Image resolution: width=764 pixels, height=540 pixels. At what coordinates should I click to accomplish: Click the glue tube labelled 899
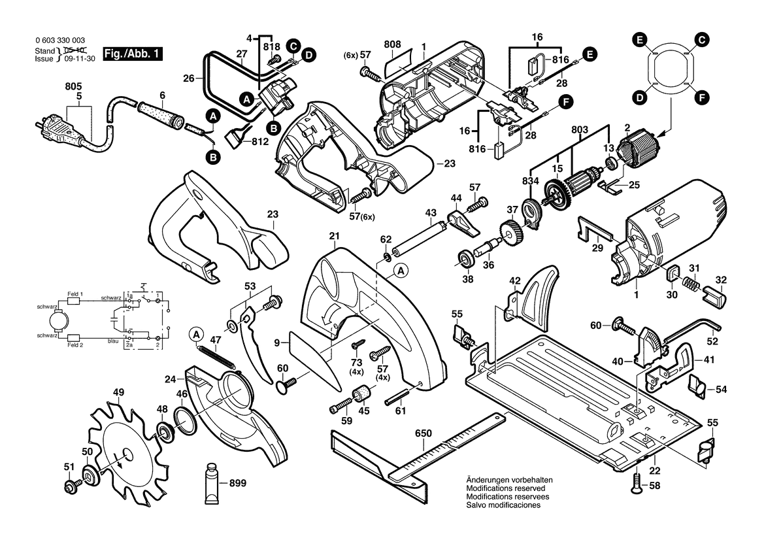(x=212, y=484)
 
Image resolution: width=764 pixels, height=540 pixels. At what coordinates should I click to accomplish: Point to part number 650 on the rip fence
(x=424, y=433)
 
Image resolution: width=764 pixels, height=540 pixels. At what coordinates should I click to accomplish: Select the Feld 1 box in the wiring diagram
(x=75, y=295)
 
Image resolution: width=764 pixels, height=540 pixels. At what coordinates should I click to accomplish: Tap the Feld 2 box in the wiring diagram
(x=75, y=341)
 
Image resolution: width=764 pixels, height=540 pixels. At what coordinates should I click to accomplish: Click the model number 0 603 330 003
(x=59, y=41)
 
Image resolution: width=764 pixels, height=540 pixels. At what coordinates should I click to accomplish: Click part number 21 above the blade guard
(x=335, y=236)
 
